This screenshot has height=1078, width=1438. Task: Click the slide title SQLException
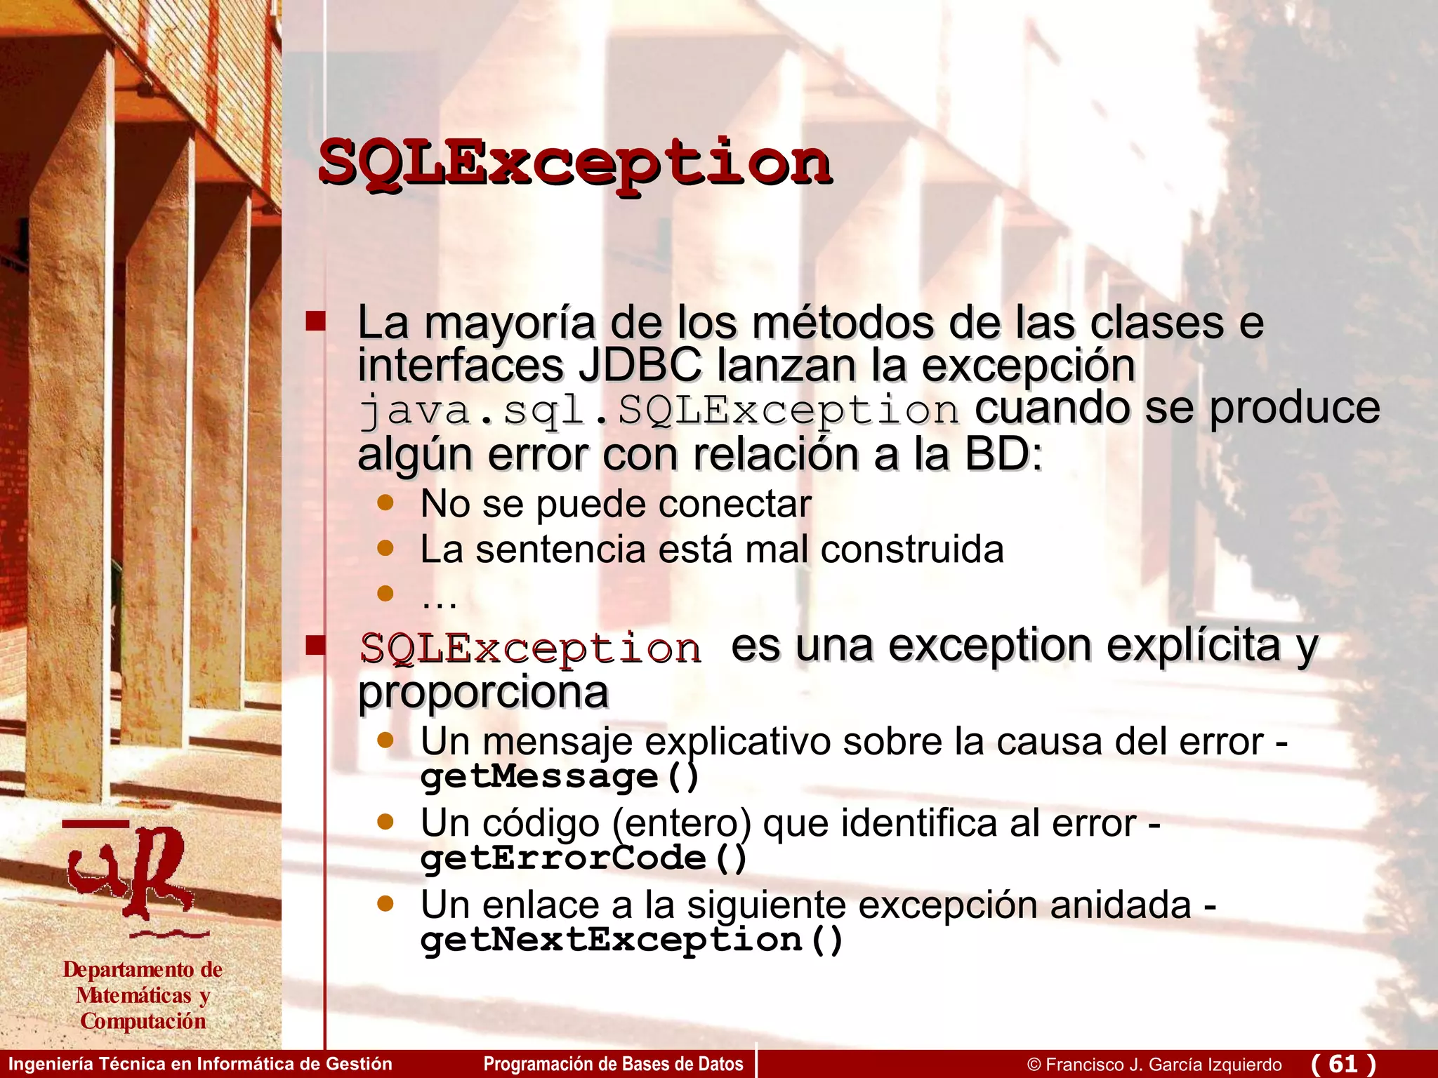574,164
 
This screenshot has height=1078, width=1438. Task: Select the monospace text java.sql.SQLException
658,410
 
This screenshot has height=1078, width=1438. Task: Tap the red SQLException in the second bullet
530,648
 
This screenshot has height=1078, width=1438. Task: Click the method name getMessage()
560,776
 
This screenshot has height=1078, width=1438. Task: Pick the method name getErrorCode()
583,858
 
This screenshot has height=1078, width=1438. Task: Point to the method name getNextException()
631,940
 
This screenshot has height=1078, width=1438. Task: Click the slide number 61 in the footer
1343,1063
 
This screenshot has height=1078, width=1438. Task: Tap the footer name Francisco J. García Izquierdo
1163,1065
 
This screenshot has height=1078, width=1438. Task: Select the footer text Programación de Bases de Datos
613,1064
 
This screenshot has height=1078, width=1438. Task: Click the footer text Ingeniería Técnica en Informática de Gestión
200,1064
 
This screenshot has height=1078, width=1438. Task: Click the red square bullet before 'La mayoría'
316,321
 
